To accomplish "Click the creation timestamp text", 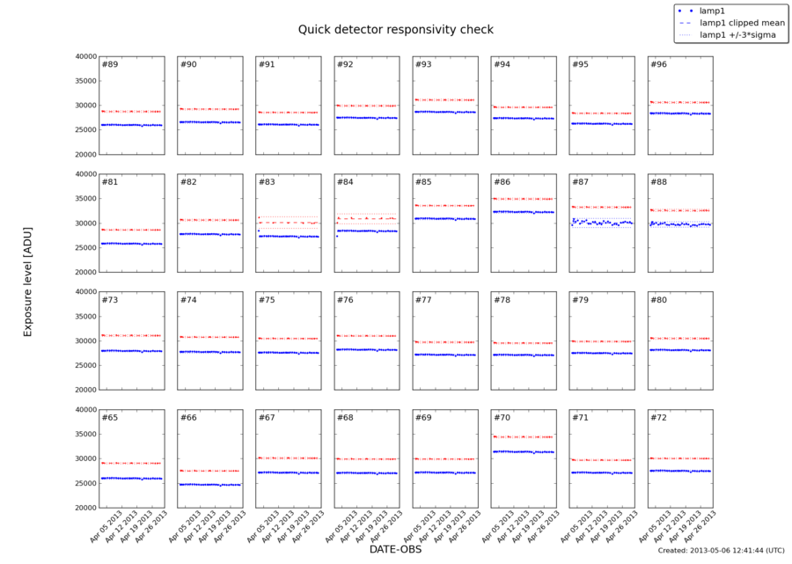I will (721, 550).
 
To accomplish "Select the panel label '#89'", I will (110, 65).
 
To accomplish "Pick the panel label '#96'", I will (658, 65).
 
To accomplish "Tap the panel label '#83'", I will (267, 183).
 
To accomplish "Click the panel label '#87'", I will (580, 183).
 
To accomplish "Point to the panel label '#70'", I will (502, 417).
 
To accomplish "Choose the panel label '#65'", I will (110, 417).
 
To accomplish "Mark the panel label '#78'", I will (502, 300).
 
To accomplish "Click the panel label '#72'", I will (658, 417).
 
